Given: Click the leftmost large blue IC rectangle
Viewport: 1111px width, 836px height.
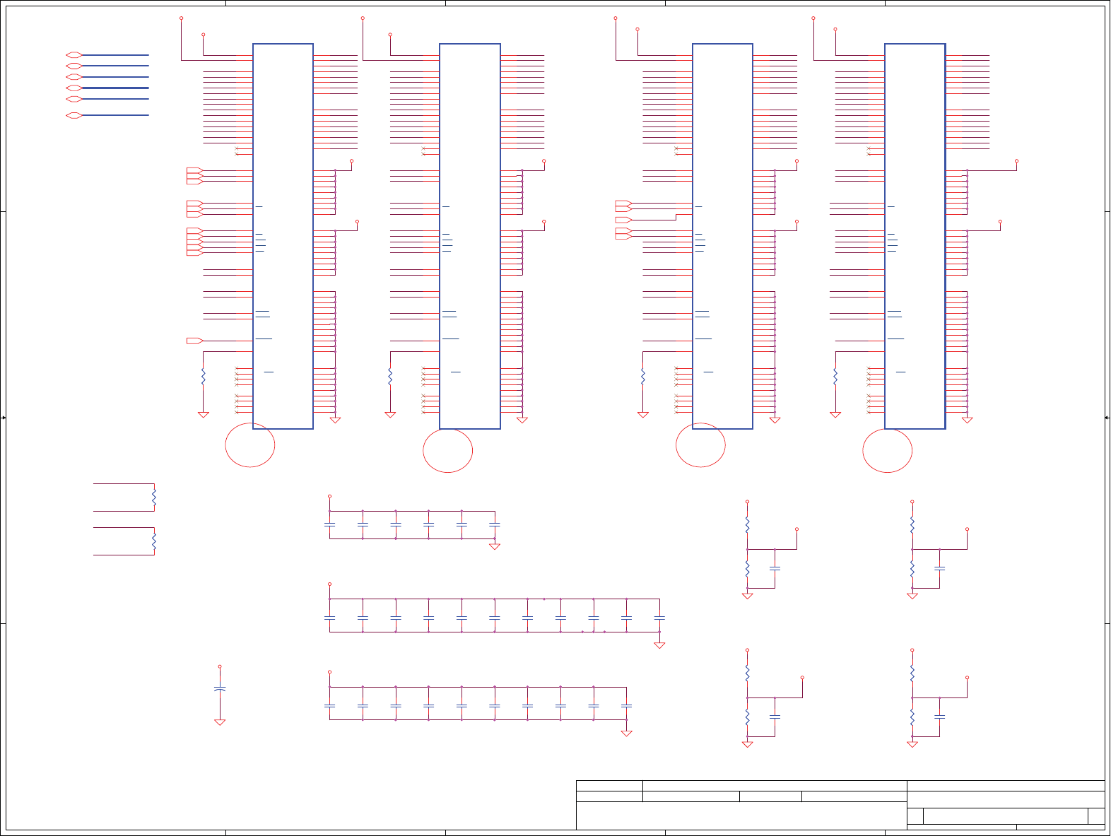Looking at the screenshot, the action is point(283,236).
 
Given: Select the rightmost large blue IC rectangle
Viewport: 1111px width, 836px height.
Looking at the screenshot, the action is point(915,236).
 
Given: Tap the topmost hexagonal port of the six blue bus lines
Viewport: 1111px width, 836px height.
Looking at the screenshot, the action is point(74,54).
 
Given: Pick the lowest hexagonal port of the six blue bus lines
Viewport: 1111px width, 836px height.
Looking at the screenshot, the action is point(74,115).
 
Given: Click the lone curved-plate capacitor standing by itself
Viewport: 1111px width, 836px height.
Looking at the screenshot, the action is point(220,688).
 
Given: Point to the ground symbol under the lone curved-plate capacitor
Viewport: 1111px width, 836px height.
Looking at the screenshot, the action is point(220,722).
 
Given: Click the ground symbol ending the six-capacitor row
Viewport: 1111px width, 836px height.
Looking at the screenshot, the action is point(495,546).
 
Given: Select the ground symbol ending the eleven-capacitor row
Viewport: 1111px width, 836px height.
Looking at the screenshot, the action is point(659,645).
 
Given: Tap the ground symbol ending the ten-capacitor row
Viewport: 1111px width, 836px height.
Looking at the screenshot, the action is point(626,734).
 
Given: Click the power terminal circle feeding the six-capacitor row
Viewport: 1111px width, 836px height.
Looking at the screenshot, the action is point(329,497).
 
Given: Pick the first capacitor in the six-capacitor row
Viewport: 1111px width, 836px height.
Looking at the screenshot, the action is point(329,524).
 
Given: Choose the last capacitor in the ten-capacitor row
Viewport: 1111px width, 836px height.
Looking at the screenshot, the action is point(626,705).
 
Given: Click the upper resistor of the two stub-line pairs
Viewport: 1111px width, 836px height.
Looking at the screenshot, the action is point(154,498).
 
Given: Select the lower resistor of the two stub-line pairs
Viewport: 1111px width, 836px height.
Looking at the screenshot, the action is point(154,541).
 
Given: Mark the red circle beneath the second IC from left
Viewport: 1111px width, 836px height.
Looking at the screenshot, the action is point(448,450).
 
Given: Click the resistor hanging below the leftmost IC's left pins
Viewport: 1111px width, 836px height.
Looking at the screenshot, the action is point(204,377).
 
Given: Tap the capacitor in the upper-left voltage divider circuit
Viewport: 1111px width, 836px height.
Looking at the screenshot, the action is point(775,568).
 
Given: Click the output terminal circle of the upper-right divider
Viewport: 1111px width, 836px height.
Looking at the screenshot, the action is point(967,529).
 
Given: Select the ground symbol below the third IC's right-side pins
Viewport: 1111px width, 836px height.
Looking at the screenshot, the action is point(775,420).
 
